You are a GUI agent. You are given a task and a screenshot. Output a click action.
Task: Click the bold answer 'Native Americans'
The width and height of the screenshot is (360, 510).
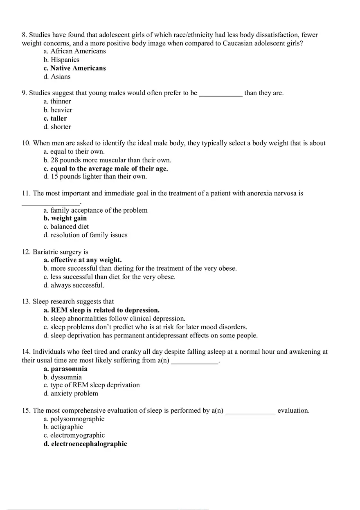[74, 68]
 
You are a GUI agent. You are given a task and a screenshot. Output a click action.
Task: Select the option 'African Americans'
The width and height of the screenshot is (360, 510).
[74, 52]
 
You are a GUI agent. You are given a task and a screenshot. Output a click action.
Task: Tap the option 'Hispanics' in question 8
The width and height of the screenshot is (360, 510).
[61, 60]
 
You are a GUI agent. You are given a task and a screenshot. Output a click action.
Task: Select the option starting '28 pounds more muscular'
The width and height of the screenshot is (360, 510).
[107, 160]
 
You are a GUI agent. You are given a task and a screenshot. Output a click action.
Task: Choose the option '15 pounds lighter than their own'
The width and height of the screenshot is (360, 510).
[95, 177]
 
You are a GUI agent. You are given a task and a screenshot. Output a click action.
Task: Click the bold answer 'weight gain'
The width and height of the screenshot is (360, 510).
[65, 218]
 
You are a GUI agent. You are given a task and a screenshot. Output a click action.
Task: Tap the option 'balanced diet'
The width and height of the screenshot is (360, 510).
[66, 227]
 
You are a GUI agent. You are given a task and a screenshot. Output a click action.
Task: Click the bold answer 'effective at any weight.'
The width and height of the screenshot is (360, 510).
[83, 260]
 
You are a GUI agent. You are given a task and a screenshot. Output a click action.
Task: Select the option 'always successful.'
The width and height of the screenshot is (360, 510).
[74, 285]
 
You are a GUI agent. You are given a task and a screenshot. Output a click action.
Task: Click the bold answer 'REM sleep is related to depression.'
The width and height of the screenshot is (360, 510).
[101, 310]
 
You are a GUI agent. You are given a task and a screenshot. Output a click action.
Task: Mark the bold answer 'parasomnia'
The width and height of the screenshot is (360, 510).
[65, 369]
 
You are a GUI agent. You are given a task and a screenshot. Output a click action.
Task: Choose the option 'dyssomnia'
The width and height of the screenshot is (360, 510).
[63, 377]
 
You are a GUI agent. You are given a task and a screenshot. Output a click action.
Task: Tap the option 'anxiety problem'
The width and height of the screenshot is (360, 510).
[71, 393]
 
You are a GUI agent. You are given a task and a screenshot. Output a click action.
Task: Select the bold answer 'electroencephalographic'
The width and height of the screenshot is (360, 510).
[85, 444]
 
